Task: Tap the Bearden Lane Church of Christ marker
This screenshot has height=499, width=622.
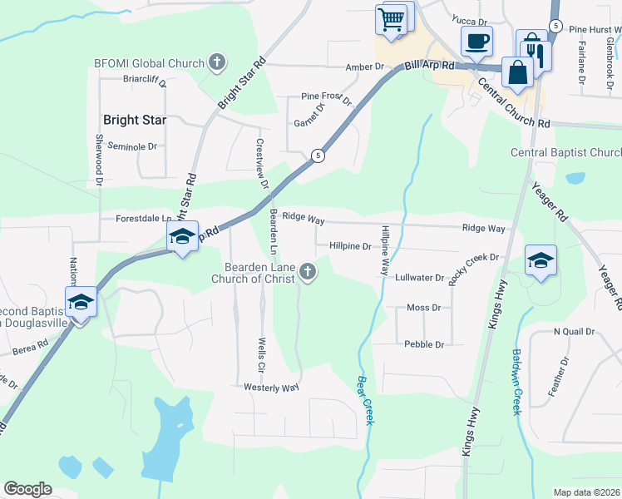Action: click(309, 272)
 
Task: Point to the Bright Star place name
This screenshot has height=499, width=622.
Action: click(134, 120)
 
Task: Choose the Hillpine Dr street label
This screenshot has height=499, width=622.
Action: click(350, 246)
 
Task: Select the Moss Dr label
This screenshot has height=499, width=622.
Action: click(423, 308)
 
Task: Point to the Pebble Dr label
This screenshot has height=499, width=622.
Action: click(423, 343)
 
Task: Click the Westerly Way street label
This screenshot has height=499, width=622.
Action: click(271, 388)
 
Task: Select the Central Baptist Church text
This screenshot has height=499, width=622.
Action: click(565, 152)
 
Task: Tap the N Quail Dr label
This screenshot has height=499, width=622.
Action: click(575, 331)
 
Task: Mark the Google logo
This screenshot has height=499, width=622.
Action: click(28, 489)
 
